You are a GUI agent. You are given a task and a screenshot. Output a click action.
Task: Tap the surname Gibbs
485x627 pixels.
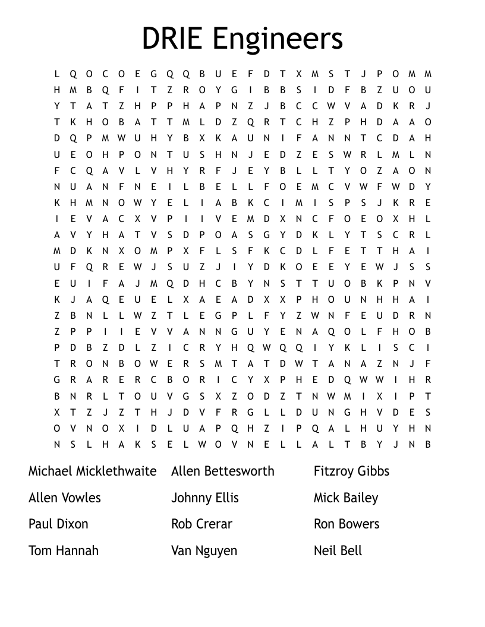coord(374,471)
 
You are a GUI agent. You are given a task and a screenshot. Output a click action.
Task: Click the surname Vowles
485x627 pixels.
coord(81,498)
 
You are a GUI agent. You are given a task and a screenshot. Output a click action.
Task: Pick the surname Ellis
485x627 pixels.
coord(226,498)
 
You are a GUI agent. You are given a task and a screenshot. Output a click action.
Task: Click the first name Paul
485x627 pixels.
coord(40,524)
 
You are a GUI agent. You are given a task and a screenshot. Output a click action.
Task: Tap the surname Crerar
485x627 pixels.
coord(213,524)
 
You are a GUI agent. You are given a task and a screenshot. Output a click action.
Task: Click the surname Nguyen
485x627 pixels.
coord(216,552)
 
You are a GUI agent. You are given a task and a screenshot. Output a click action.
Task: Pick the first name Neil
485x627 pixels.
coord(325,550)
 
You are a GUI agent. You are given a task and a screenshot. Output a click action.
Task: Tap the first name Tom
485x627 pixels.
coord(39,550)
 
